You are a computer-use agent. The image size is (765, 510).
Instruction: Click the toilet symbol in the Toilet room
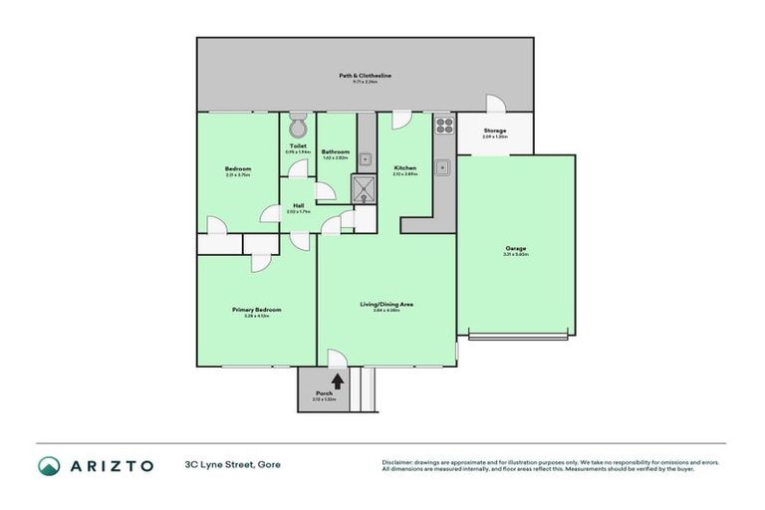click(297, 127)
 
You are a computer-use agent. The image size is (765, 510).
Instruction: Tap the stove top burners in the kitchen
click(443, 126)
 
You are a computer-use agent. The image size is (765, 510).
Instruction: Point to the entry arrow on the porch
click(338, 380)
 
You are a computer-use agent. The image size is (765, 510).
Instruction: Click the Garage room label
click(515, 249)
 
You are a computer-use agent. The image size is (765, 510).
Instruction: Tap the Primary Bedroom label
click(256, 310)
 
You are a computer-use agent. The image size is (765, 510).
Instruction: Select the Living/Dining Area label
click(386, 304)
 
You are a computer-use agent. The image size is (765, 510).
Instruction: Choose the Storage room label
click(495, 130)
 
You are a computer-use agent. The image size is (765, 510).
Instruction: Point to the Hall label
click(298, 206)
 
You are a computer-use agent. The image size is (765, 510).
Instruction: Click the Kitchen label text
click(404, 168)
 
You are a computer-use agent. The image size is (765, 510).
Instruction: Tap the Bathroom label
click(335, 151)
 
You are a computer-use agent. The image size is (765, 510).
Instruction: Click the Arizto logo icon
click(49, 465)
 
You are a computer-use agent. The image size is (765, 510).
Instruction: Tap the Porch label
click(324, 394)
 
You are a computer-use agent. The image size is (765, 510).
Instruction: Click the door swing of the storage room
click(495, 105)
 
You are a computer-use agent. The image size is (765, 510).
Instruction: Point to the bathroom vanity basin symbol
click(366, 157)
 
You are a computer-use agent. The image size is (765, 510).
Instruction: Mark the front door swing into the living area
click(337, 359)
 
